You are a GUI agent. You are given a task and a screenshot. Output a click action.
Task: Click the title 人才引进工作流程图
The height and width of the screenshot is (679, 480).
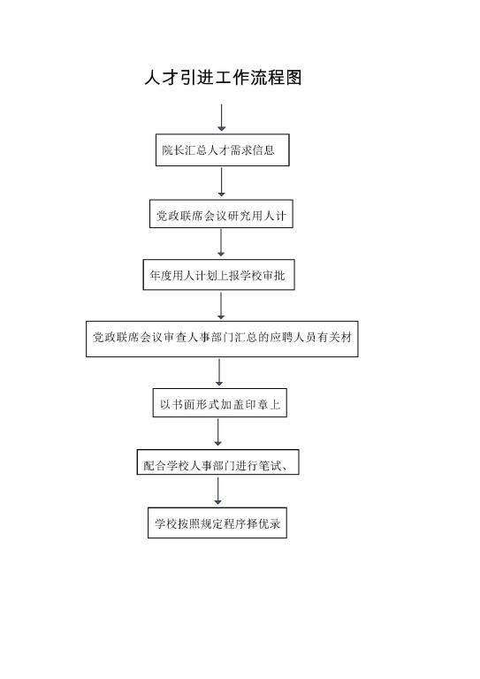223,78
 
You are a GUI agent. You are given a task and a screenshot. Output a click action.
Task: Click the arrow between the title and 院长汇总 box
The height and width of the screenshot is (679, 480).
222,118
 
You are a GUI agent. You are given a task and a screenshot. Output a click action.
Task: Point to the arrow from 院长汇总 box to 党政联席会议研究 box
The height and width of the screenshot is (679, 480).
222,182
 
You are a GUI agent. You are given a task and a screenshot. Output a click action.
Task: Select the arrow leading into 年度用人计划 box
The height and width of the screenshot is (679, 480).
221,242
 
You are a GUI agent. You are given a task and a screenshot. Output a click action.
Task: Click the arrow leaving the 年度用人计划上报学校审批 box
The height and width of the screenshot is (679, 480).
221,305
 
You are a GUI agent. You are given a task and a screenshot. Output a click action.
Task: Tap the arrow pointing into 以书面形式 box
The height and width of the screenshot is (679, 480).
219,372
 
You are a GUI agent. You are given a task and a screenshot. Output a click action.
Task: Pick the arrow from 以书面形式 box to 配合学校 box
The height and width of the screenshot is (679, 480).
217,432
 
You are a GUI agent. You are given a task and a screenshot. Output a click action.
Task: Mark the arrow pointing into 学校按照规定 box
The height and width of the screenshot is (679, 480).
217,490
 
